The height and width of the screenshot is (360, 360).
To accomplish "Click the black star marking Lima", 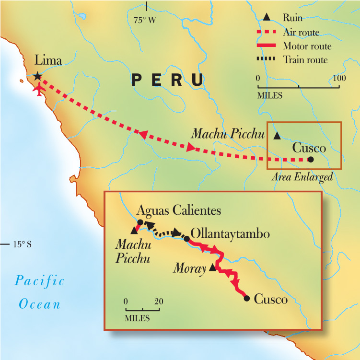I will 37,76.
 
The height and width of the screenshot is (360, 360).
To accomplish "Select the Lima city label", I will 48,60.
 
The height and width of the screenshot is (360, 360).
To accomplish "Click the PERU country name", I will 168,80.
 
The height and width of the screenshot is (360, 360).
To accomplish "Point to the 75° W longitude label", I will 145,20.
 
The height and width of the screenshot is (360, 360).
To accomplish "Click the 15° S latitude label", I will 22,244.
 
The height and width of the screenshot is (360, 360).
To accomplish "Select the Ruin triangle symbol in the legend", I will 267,18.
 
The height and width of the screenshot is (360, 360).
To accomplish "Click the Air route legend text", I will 301,33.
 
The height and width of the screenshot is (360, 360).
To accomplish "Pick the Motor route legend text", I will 307,46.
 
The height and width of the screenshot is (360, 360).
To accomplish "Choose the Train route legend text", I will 305,59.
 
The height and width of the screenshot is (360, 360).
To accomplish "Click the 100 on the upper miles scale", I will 339,78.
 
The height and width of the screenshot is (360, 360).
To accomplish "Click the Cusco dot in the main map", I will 311,159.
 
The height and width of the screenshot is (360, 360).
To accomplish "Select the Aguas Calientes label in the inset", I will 179,210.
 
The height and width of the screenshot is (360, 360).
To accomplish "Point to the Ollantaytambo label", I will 230,234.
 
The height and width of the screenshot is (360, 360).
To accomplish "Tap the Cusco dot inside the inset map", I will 247,299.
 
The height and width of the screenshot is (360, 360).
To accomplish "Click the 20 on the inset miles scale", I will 159,302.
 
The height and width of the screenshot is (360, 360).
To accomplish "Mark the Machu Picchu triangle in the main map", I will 277,136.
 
